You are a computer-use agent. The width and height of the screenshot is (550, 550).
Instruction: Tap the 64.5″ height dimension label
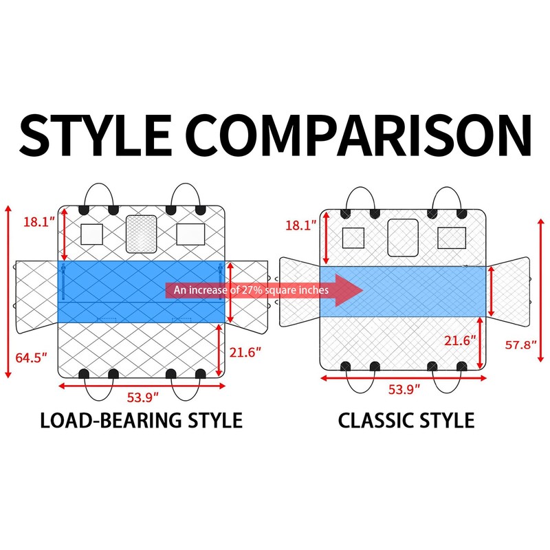click(x=30, y=357)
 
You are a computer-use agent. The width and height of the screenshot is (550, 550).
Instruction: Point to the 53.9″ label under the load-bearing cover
click(x=144, y=397)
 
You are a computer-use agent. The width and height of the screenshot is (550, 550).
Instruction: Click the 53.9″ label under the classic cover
click(x=404, y=388)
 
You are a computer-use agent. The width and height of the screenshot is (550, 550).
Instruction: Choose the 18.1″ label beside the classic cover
click(x=300, y=225)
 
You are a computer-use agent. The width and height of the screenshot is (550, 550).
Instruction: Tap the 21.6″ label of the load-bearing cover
click(x=245, y=353)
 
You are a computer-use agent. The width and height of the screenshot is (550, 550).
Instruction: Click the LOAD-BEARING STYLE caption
click(x=141, y=419)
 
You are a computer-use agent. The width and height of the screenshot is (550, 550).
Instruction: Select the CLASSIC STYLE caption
click(x=406, y=419)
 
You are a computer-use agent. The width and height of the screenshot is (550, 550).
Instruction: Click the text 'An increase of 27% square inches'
click(x=252, y=290)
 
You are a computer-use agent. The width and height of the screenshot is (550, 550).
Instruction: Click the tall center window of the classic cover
click(x=403, y=238)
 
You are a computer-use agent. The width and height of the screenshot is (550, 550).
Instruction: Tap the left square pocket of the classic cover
click(x=353, y=238)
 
